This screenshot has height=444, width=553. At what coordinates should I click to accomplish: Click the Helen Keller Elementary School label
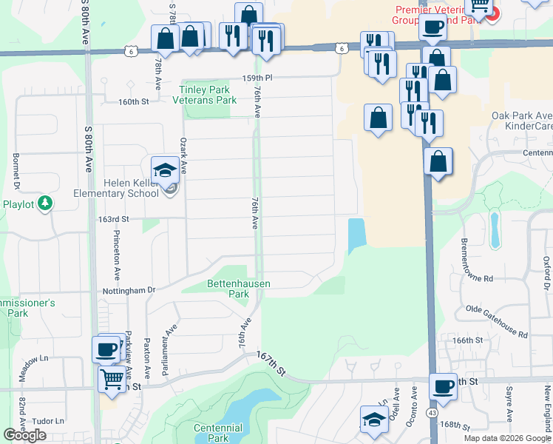(116, 188)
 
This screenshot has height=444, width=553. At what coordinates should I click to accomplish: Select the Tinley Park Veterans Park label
(206, 95)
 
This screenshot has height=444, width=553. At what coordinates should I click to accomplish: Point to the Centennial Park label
(218, 433)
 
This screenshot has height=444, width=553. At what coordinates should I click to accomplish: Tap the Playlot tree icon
(46, 203)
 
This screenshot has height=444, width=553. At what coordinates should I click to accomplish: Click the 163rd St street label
(115, 219)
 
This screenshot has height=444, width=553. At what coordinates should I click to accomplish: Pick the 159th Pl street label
(257, 77)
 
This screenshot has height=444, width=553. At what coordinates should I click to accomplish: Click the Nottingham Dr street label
(130, 291)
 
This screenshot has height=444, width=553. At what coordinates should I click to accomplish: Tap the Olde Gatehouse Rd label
(496, 320)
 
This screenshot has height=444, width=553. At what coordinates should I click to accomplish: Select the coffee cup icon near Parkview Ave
(106, 349)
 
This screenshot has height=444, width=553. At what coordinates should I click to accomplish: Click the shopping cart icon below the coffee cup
(112, 379)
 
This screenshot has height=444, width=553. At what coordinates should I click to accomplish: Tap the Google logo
(24, 434)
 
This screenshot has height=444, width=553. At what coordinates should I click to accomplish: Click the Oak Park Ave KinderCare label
(523, 121)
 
